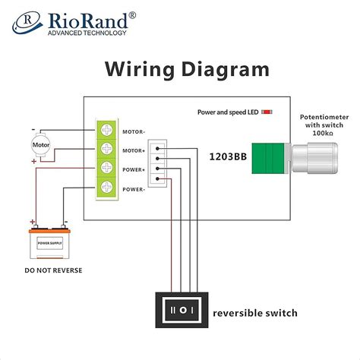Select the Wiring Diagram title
187,70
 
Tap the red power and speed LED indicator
267,112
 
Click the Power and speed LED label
227,112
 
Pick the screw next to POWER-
107,188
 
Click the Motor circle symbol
39,144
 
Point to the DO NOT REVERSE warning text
53,270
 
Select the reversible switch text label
255,313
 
